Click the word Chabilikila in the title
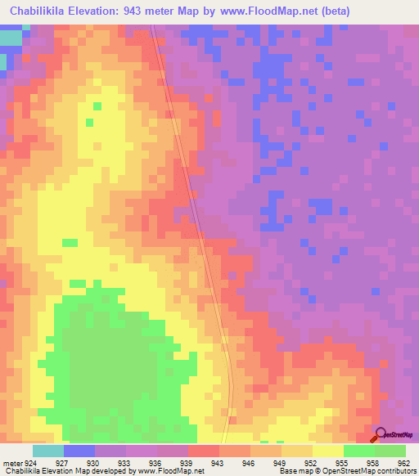click(43, 11)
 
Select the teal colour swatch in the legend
click(48, 451)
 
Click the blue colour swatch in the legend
click(79, 451)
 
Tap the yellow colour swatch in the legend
click(327, 451)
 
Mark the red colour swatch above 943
click(204, 451)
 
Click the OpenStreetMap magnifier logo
click(381, 434)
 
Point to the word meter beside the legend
click(11, 462)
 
